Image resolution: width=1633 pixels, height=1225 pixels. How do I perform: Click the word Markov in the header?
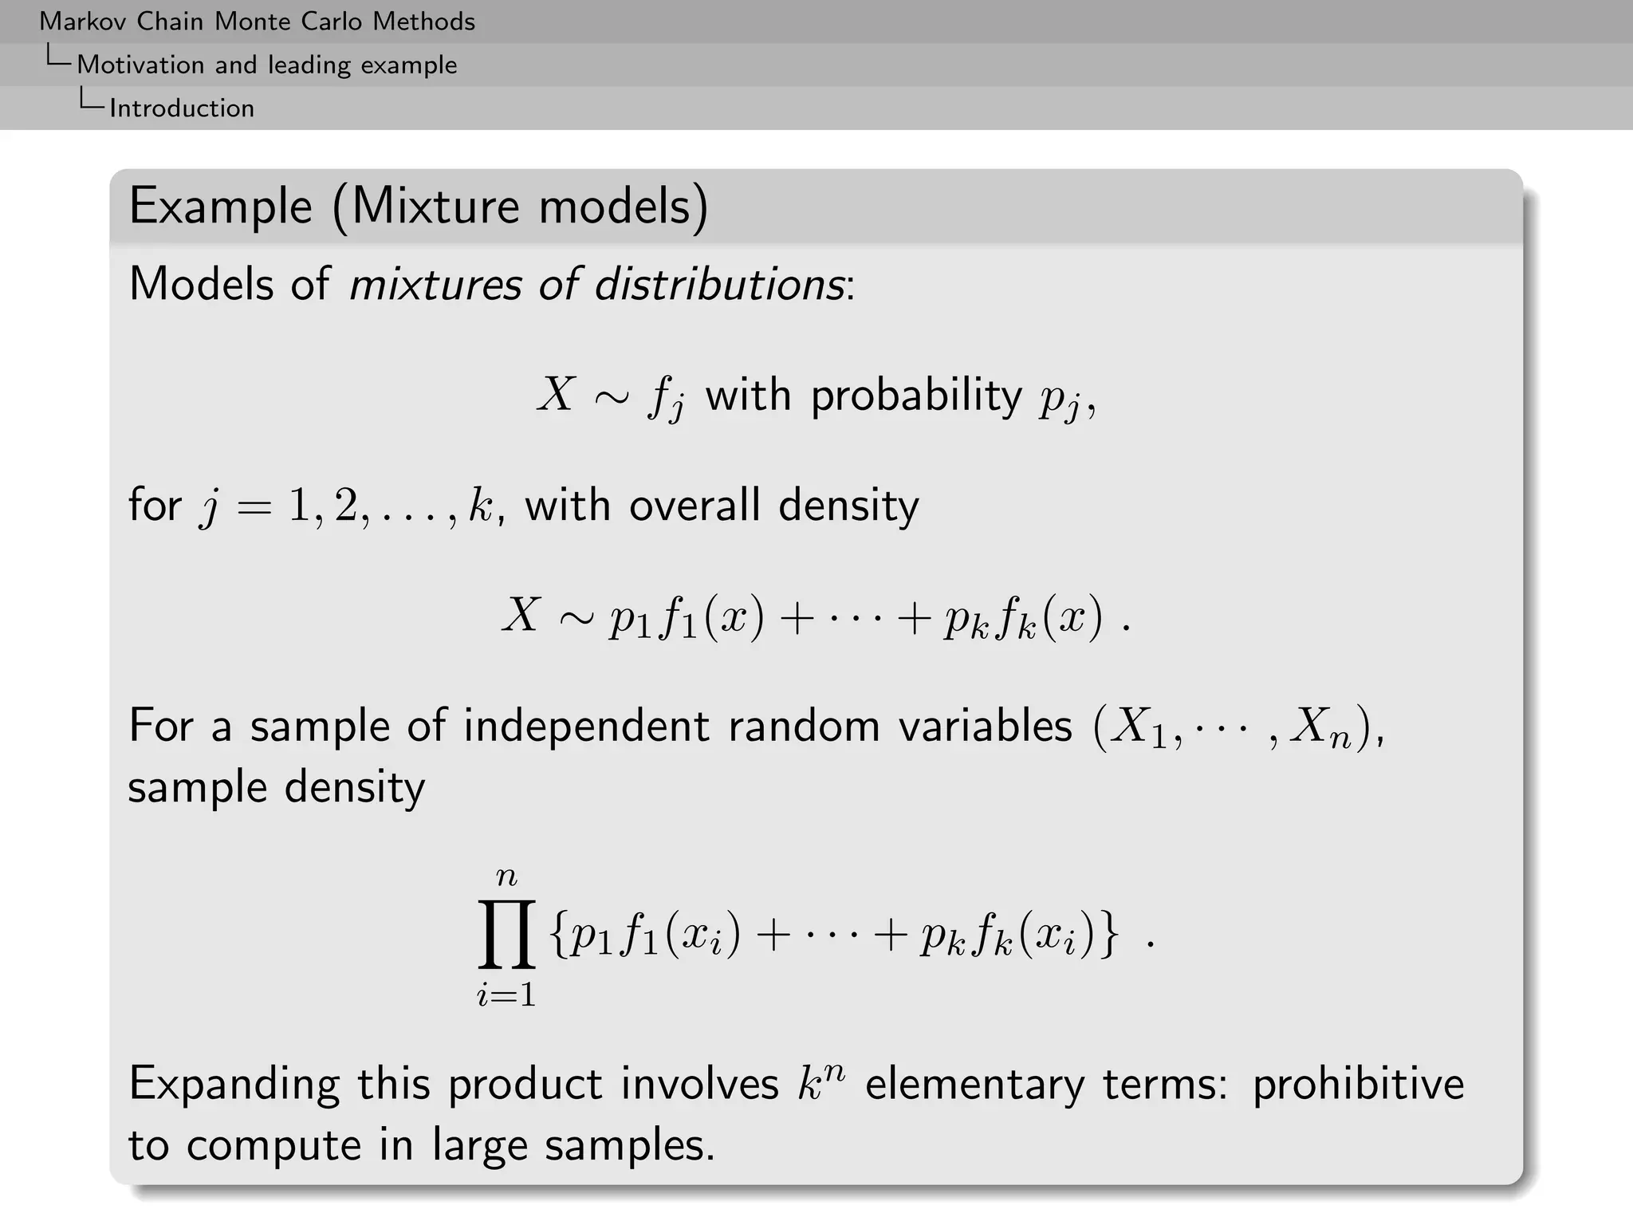[x=84, y=22]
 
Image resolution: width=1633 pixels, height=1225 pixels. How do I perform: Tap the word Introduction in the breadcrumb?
[x=182, y=108]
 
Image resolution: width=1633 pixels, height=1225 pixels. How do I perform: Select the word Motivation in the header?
[x=140, y=65]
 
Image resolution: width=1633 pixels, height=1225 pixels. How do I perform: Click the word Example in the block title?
[x=220, y=207]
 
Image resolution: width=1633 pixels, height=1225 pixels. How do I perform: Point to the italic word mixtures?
[x=435, y=284]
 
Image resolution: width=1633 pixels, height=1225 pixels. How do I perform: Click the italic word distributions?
[x=719, y=284]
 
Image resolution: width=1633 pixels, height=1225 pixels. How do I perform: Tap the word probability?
[x=916, y=396]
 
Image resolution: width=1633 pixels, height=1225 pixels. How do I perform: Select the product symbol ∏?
[x=506, y=934]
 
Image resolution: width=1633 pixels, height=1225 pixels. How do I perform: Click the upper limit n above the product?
[x=506, y=877]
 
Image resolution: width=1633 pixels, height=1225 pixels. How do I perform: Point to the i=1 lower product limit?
[x=506, y=995]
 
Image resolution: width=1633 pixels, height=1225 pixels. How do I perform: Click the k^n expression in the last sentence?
[x=820, y=1083]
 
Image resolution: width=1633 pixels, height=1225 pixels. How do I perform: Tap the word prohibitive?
[x=1358, y=1085]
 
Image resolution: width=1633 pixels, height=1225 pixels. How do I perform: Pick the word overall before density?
[x=694, y=506]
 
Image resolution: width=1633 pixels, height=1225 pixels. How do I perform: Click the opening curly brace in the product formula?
[x=558, y=935]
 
